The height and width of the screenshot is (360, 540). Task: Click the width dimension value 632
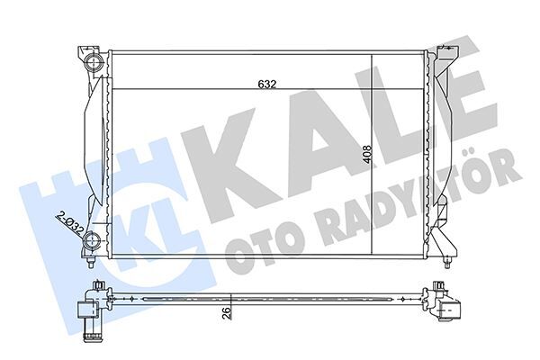click(x=265, y=84)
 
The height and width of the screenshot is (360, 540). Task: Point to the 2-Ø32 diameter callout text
click(x=69, y=220)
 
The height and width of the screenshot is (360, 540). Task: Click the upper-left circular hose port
click(x=93, y=65)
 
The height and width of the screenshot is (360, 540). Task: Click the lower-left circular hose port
click(x=93, y=239)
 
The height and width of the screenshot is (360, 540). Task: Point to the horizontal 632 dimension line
click(x=225, y=89)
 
